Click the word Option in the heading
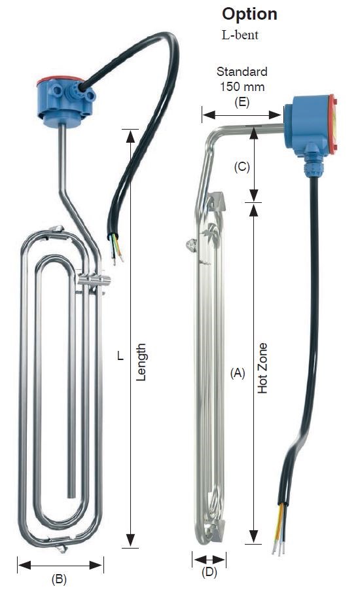pyautogui.click(x=249, y=14)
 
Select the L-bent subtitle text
pyautogui.click(x=240, y=35)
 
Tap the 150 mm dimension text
pyautogui.click(x=242, y=86)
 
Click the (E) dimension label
pyautogui.click(x=242, y=102)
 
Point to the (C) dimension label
pyautogui.click(x=242, y=167)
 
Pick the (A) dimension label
pyautogui.click(x=238, y=374)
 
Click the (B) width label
pyautogui.click(x=59, y=579)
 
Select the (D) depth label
pyautogui.click(x=209, y=572)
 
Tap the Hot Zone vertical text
pyautogui.click(x=262, y=368)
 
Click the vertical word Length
pyautogui.click(x=141, y=362)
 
